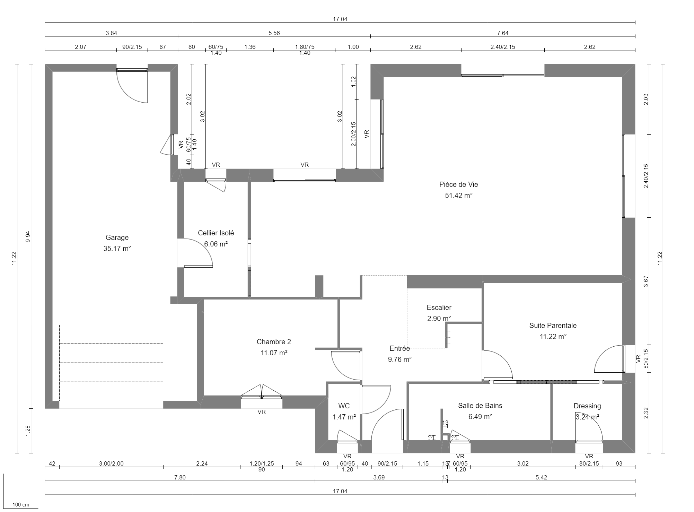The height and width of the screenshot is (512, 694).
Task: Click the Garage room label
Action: tap(117, 237)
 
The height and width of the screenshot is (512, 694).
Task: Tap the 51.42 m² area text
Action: tap(458, 196)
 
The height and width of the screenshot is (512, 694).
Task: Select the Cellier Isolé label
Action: tap(216, 233)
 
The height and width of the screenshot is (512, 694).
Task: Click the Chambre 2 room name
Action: tap(274, 342)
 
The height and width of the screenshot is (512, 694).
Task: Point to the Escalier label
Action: tap(439, 307)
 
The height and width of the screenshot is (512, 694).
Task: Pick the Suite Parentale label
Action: tap(553, 326)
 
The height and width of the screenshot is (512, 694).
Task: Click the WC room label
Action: tap(344, 406)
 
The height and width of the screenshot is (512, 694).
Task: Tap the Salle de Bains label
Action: tap(480, 406)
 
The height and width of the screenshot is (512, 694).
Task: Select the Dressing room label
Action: tap(587, 406)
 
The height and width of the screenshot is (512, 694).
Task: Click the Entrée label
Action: tap(399, 348)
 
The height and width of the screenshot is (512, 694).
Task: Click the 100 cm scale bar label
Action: tap(21, 505)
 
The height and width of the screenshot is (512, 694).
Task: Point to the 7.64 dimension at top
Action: tap(502, 33)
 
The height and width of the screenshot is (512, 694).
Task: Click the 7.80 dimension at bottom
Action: tap(180, 477)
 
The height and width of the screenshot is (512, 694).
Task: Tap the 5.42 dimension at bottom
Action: tap(541, 477)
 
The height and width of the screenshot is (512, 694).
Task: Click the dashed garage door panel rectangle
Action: tap(111, 363)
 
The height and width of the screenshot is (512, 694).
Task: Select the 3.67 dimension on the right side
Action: tap(645, 281)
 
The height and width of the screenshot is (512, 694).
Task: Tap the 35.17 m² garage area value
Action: tap(117, 249)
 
